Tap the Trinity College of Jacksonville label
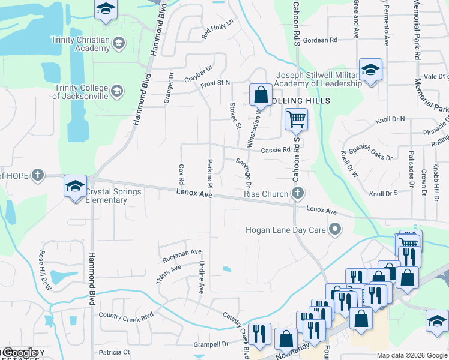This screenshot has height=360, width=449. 80,91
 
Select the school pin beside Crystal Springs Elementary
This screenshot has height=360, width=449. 76,187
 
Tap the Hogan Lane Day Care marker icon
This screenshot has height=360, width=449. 336,229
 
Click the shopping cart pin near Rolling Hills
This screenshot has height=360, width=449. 296,120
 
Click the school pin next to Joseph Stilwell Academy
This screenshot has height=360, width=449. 370,70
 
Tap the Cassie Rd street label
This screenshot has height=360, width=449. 276,151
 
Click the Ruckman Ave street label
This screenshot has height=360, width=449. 182,256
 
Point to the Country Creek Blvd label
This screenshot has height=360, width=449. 127,315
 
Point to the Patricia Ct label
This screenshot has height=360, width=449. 115,352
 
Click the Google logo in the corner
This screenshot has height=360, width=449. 19,353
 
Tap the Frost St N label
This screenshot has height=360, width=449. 215,83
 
